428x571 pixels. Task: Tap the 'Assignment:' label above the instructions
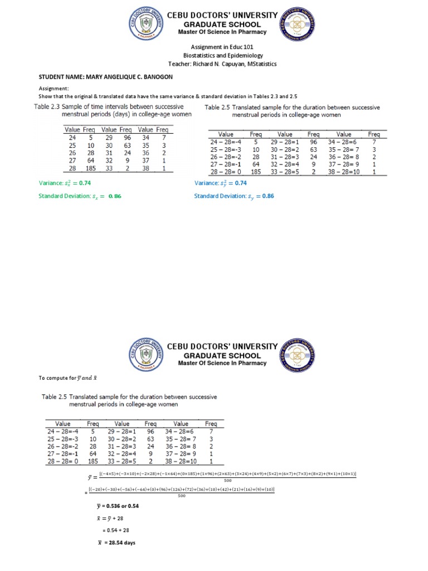point(53,89)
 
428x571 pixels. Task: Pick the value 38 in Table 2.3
point(146,168)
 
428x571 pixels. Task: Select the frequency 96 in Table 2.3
point(127,137)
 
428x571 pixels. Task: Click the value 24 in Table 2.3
point(72,137)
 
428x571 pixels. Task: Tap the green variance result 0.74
point(85,183)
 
